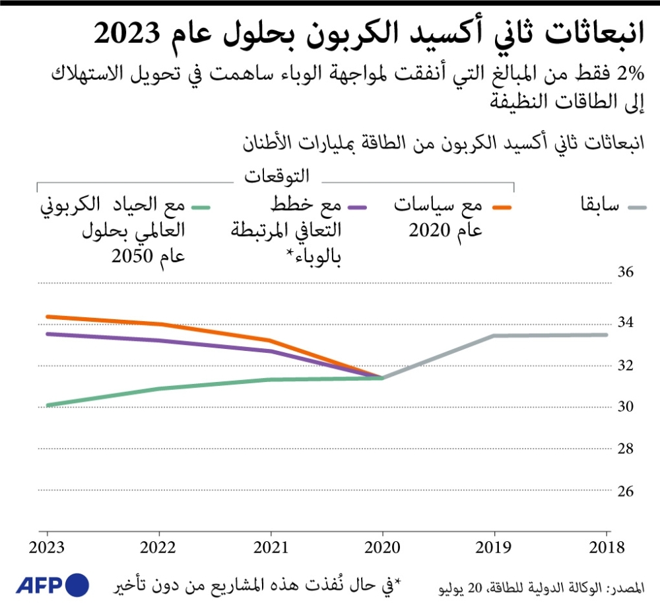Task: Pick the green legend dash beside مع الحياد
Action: pos(201,208)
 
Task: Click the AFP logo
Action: pos(51,584)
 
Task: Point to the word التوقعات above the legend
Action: pos(277,176)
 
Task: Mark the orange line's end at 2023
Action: pos(46,317)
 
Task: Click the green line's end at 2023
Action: pos(46,405)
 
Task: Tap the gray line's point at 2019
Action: pos(494,336)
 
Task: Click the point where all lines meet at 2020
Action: pos(383,378)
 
